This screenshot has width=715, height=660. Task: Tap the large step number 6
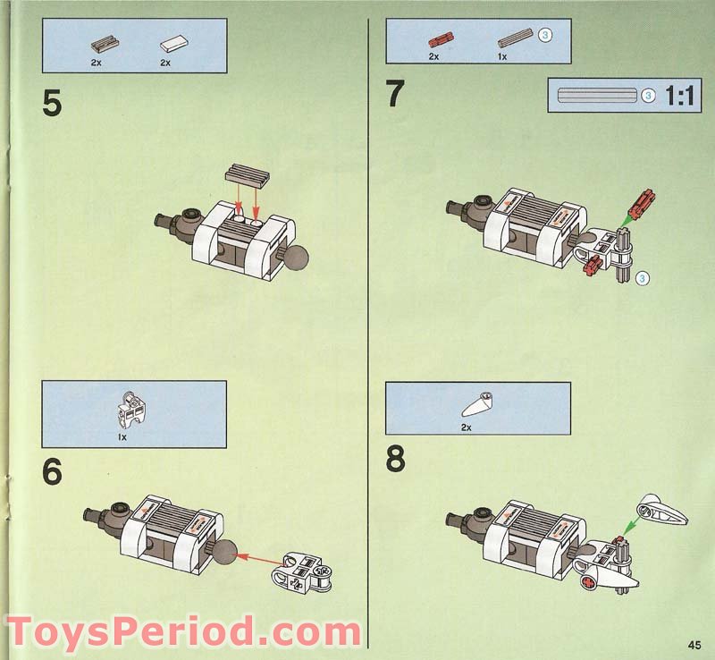[x=53, y=472]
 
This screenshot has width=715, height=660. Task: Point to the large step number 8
[x=395, y=460]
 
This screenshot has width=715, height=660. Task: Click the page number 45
[x=694, y=646]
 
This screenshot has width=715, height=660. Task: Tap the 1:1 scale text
[x=679, y=96]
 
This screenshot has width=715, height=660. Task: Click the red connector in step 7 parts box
[x=438, y=39]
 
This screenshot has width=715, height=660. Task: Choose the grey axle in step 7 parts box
[x=515, y=38]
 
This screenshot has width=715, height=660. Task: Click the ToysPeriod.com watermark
[x=183, y=630]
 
